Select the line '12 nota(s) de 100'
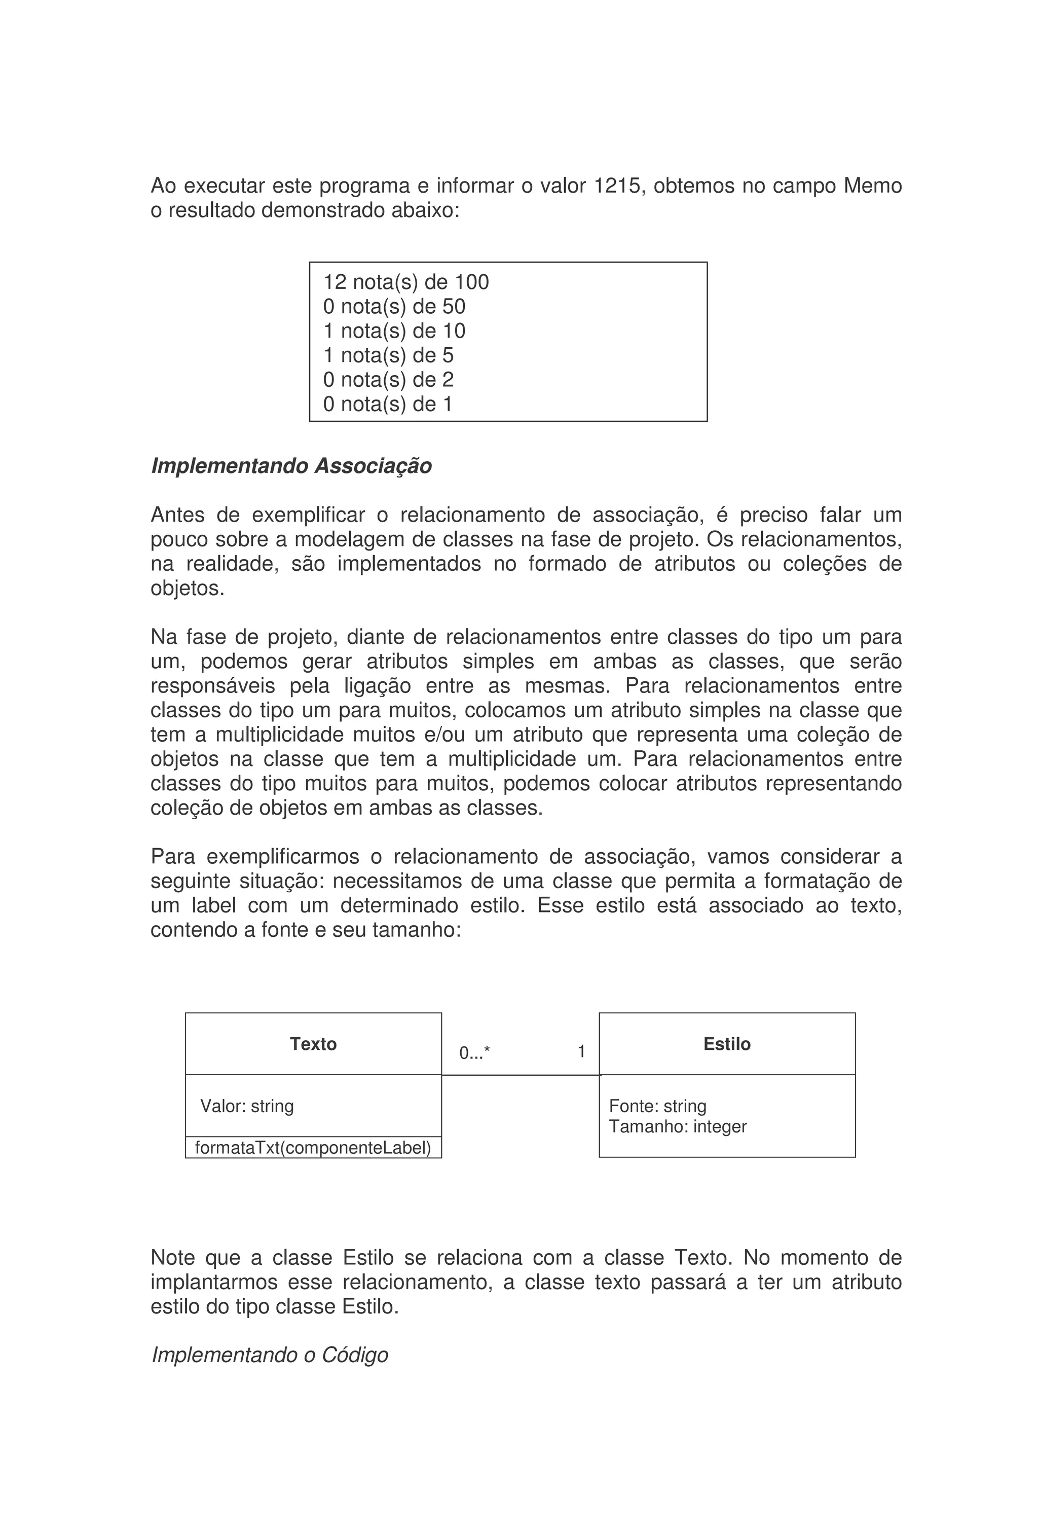tap(405, 282)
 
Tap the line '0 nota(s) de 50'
tap(394, 307)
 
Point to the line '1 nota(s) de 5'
tap(388, 356)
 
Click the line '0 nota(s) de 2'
tap(388, 380)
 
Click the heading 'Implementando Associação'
tap(291, 466)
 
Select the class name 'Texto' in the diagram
tap(313, 1044)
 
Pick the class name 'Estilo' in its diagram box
tap(727, 1044)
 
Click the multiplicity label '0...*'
tap(474, 1053)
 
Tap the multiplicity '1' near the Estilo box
tap(581, 1051)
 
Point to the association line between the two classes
tap(521, 1076)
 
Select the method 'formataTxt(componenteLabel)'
tap(313, 1148)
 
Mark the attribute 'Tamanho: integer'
tap(677, 1126)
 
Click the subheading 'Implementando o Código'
tap(270, 1355)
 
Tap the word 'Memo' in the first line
tap(872, 186)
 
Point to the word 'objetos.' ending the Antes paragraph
tap(187, 588)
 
